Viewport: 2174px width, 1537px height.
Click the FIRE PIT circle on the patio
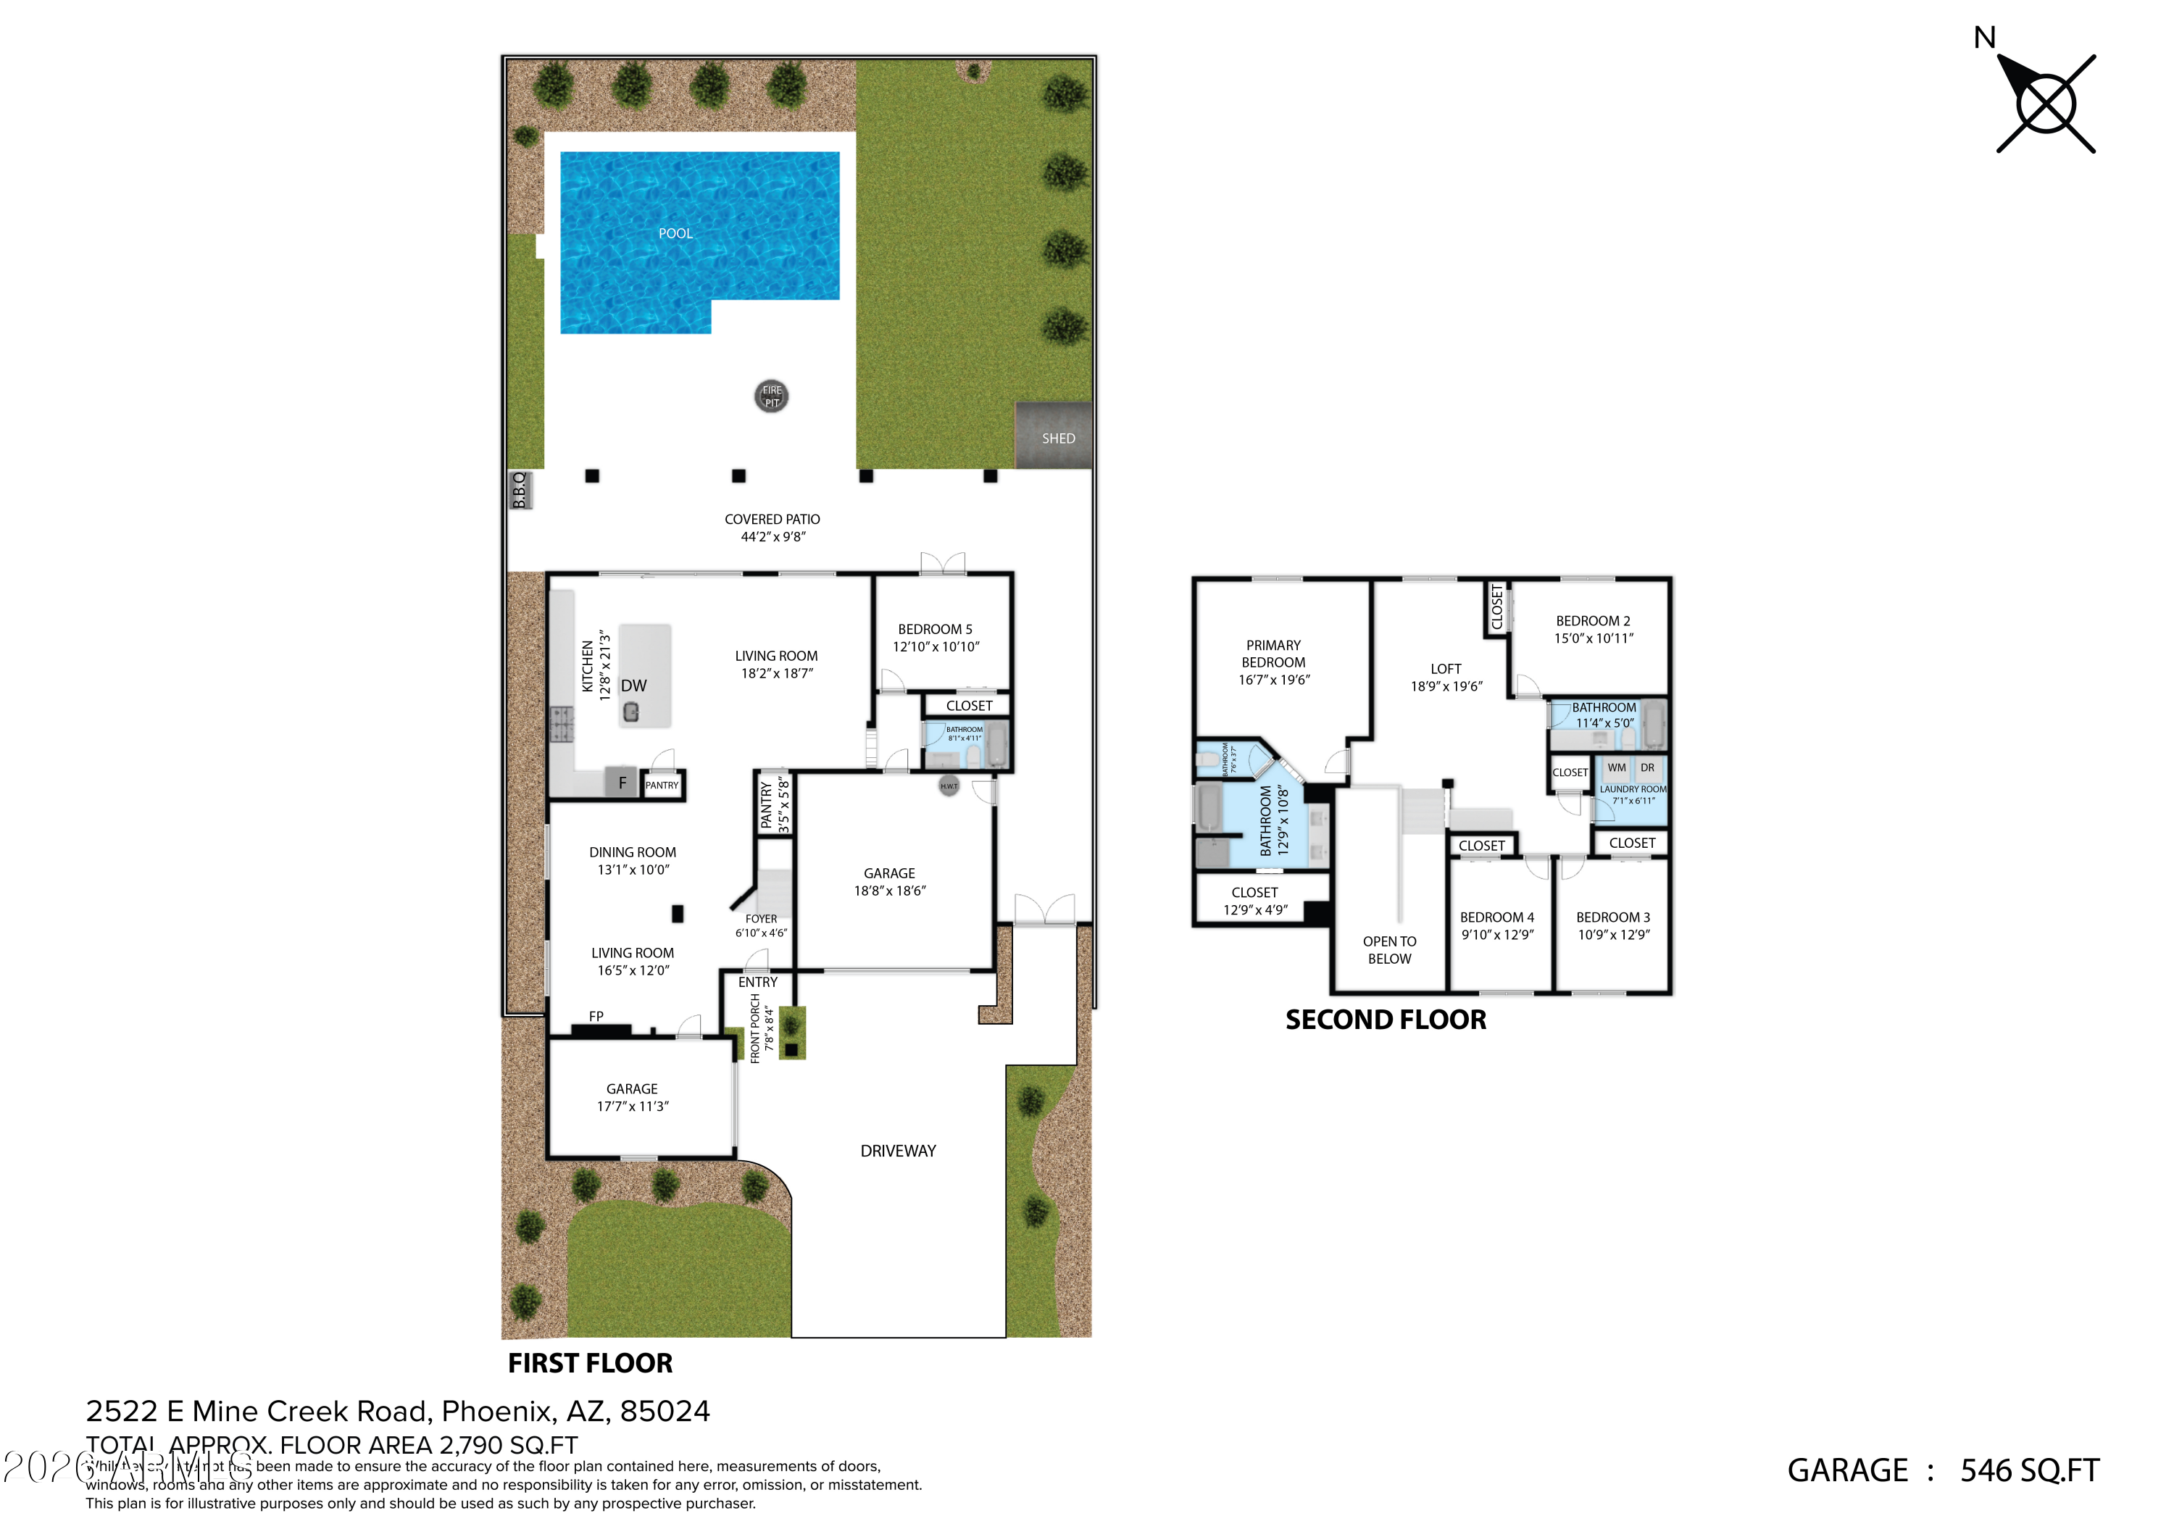[x=772, y=396]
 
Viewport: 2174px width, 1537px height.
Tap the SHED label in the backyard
[x=1057, y=438]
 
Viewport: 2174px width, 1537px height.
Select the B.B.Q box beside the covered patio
[x=520, y=491]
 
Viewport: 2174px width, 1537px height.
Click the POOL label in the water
[x=675, y=233]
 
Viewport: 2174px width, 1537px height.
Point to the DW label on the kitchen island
[x=633, y=686]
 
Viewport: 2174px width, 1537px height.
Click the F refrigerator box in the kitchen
[x=622, y=783]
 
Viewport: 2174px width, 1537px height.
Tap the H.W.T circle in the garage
[x=949, y=786]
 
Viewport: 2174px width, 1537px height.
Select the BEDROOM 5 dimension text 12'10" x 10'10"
[x=936, y=647]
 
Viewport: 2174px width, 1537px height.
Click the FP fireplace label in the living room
[x=596, y=1016]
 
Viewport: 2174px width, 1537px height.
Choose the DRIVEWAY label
[x=898, y=1151]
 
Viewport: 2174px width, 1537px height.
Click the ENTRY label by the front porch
[x=757, y=982]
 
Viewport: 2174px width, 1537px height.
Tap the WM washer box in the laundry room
[x=1616, y=768]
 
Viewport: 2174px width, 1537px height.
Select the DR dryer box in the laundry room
[x=1648, y=768]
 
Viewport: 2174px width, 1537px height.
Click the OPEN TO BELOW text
[x=1389, y=950]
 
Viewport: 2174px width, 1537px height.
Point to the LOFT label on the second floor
[x=1446, y=669]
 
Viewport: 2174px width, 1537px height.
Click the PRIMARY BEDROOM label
[x=1273, y=654]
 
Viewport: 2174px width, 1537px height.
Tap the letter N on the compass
[x=1985, y=38]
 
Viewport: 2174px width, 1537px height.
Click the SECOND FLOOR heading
[x=1386, y=1020]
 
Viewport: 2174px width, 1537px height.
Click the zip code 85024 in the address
[x=665, y=1411]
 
